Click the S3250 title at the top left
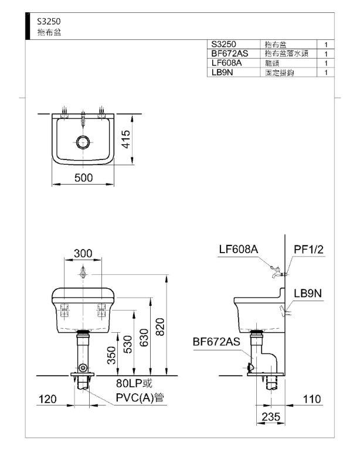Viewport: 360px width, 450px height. (49, 21)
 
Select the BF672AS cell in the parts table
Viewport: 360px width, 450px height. (230, 53)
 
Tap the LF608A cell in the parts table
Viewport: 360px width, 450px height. (226, 63)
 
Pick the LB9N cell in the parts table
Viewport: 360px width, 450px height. (222, 72)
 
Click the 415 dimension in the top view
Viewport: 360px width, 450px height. (125, 139)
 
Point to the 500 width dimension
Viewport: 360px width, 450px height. (83, 178)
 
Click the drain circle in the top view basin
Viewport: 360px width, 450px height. (83, 142)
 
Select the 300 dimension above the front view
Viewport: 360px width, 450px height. (83, 253)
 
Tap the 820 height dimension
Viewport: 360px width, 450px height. (160, 327)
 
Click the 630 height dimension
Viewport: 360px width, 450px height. (144, 337)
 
